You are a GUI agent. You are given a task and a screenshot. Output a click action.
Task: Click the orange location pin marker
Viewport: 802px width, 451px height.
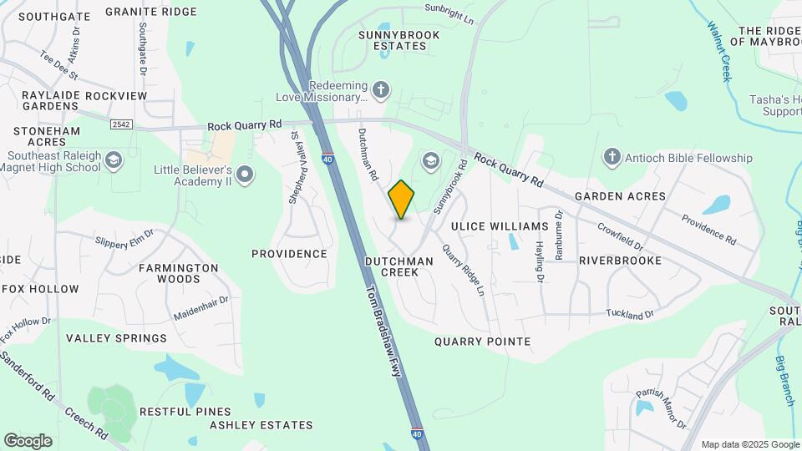(x=401, y=200)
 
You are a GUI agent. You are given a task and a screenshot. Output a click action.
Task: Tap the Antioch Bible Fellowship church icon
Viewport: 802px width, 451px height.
(x=612, y=157)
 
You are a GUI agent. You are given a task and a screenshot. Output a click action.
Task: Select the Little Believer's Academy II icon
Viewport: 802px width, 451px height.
(x=245, y=174)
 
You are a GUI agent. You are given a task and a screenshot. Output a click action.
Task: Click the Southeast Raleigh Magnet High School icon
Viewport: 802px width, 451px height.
(x=114, y=160)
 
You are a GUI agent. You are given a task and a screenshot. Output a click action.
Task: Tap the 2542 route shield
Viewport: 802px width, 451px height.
(x=120, y=124)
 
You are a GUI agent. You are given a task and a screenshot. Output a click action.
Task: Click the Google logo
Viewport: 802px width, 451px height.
(x=28, y=441)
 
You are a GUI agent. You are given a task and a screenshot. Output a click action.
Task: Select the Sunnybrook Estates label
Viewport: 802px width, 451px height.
(x=393, y=40)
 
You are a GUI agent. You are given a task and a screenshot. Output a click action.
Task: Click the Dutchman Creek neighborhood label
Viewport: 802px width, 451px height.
(x=399, y=266)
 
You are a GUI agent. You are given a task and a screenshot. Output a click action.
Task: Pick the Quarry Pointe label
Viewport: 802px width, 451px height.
(x=482, y=342)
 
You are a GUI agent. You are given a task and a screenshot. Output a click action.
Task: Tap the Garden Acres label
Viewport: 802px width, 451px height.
(x=620, y=196)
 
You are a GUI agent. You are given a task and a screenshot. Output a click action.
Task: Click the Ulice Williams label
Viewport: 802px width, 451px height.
(x=499, y=226)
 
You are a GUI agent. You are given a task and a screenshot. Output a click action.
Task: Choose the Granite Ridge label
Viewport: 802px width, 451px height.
(x=151, y=12)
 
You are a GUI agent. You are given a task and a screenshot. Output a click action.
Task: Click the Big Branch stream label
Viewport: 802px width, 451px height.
(x=786, y=381)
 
